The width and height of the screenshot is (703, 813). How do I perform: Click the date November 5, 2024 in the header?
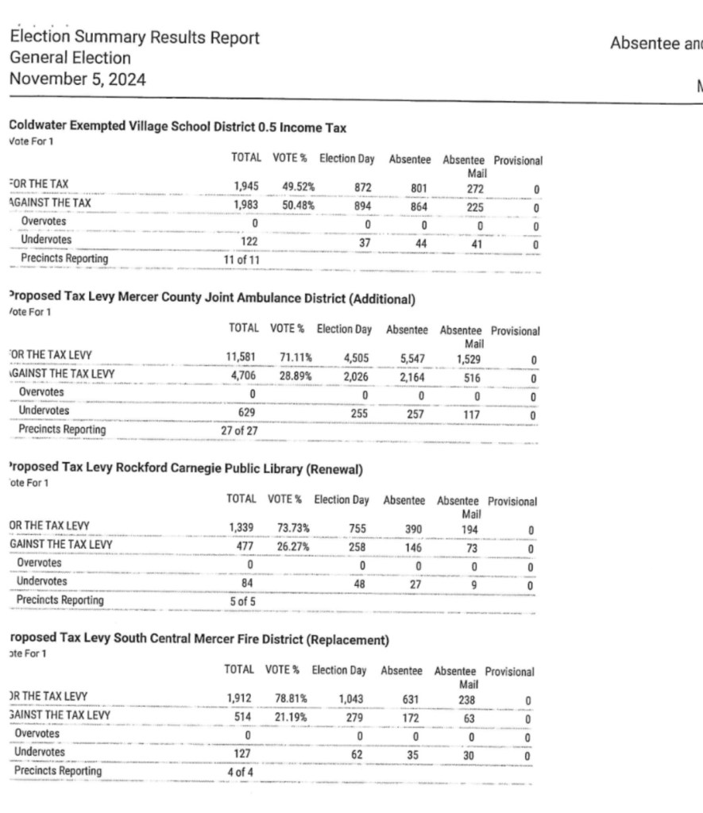78,79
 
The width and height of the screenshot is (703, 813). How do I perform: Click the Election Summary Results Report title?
134,37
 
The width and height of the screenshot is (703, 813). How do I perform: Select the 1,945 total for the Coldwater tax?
246,187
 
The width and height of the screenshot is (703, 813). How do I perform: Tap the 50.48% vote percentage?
299,205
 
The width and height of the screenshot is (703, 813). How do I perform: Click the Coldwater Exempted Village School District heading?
177,127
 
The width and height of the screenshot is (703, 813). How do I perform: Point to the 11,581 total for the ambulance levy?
243,358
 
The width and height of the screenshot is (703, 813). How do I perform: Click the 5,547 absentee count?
413,359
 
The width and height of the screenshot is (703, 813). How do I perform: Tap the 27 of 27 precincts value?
242,430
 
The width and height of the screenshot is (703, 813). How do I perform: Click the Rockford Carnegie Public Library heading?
184,468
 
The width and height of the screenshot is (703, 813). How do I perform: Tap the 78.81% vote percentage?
291,699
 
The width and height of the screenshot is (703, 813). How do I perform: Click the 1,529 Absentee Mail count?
469,359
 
